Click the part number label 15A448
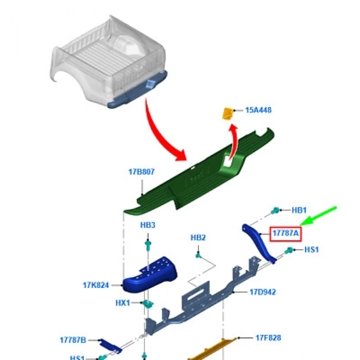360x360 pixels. coord(258,110)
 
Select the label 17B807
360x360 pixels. coord(141,172)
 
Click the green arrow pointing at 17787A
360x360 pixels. coord(319,216)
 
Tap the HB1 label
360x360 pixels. coord(299,210)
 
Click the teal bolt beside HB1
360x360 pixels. coord(276,210)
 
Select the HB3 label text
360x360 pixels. coord(148,225)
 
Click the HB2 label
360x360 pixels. coord(198,238)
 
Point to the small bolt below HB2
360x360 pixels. coord(197,255)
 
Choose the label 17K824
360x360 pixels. coord(96,285)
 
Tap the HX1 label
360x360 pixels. coord(123,303)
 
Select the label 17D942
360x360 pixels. coord(262,292)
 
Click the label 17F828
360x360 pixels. coord(268,338)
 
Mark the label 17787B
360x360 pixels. coord(73,340)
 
